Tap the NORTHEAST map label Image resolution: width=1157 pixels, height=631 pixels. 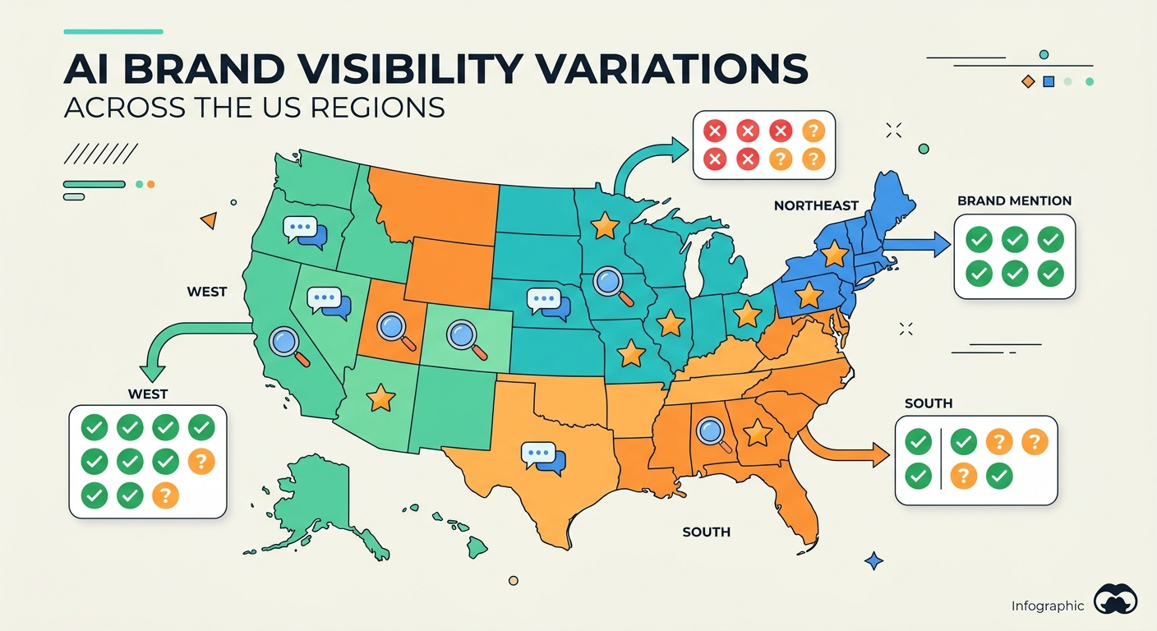pyautogui.click(x=815, y=206)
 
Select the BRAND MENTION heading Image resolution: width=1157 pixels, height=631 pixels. pyautogui.click(x=1014, y=200)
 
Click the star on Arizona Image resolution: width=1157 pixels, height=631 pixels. pyautogui.click(x=380, y=398)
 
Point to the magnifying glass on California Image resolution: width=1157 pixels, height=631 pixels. pyautogui.click(x=286, y=342)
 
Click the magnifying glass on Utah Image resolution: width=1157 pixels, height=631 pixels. pyautogui.click(x=392, y=328)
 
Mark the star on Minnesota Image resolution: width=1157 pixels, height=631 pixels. pyautogui.click(x=605, y=223)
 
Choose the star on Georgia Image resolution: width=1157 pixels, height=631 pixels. pyautogui.click(x=756, y=432)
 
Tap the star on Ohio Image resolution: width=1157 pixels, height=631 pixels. pyautogui.click(x=746, y=314)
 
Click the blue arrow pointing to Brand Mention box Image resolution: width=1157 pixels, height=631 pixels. pyautogui.click(x=917, y=243)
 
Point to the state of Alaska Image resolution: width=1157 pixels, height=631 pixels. pyautogui.click(x=304, y=493)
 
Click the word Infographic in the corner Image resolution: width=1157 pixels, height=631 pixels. pyautogui.click(x=1048, y=606)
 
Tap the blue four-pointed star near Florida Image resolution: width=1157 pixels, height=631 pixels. pyautogui.click(x=874, y=562)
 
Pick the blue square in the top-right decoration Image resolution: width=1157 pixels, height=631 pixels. pyautogui.click(x=1048, y=81)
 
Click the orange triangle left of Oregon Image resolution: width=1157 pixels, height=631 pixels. pyautogui.click(x=209, y=220)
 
